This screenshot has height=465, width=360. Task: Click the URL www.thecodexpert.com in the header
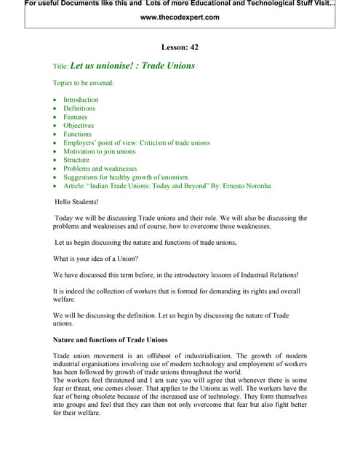click(x=179, y=17)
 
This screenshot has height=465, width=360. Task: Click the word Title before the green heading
click(x=60, y=66)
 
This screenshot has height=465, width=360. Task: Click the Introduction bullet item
click(x=81, y=100)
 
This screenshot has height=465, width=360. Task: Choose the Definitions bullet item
click(x=79, y=108)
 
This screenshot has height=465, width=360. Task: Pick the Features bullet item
click(x=75, y=117)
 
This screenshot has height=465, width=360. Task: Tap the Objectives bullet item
click(x=79, y=126)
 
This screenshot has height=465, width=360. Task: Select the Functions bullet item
click(x=78, y=134)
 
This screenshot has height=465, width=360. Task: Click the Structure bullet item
click(x=76, y=160)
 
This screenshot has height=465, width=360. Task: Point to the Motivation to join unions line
click(x=100, y=151)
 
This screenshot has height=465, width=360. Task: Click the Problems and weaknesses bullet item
click(x=100, y=169)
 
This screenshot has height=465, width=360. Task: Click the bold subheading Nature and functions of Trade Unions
click(x=110, y=340)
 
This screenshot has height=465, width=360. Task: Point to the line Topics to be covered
click(x=83, y=83)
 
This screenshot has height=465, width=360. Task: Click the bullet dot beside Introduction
click(x=55, y=100)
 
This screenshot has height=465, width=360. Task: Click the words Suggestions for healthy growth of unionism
click(x=125, y=177)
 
